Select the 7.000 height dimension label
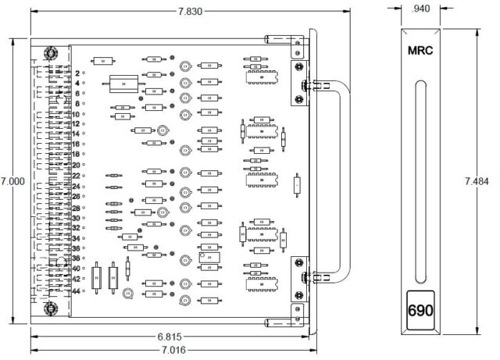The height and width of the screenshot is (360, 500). [x=13, y=180]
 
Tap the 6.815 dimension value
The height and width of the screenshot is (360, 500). [x=170, y=337]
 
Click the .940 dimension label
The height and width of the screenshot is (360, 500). [x=420, y=9]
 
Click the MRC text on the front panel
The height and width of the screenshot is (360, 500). [x=420, y=51]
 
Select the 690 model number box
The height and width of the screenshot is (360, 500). [x=420, y=309]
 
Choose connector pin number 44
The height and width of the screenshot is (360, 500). [x=77, y=290]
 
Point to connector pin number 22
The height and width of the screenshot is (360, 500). [x=77, y=176]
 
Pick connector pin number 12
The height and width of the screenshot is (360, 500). [x=77, y=124]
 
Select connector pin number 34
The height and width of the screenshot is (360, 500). [x=77, y=238]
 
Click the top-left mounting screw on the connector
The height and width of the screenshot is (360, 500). [x=51, y=54]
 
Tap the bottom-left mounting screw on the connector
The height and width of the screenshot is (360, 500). [x=51, y=308]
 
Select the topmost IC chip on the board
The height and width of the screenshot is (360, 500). [x=258, y=73]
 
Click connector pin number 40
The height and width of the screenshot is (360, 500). [x=77, y=269]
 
